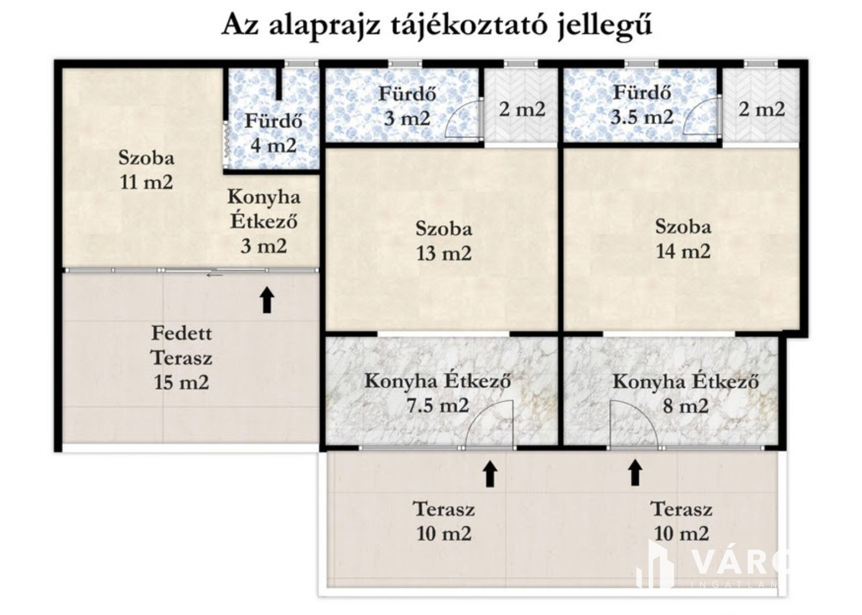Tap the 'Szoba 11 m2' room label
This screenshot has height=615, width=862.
(146, 170)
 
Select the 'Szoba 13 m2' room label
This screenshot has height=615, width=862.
(444, 241)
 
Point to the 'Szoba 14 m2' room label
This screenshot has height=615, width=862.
(683, 239)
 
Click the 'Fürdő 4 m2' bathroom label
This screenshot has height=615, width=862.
(273, 133)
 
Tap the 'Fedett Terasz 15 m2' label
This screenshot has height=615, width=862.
(182, 358)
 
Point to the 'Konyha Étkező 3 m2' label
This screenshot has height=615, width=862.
(264, 221)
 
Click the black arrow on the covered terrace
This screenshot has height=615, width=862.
(267, 300)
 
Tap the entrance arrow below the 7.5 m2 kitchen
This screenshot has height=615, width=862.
(489, 474)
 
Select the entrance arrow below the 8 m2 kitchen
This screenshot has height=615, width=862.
(635, 473)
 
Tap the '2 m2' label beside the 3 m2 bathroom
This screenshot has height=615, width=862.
(522, 110)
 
